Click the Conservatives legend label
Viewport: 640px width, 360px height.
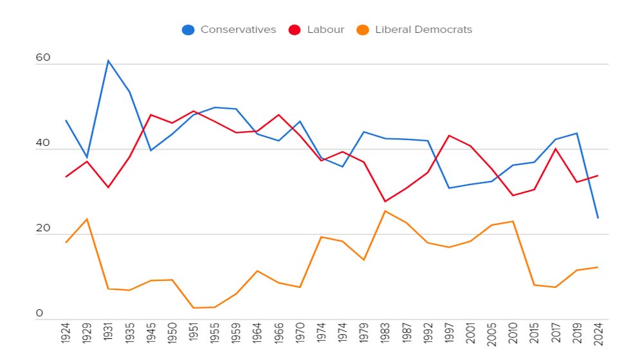[239, 30]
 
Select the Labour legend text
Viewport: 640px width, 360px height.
[325, 30]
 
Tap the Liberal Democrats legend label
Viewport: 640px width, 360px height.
[424, 30]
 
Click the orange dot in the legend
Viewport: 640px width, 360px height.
[362, 30]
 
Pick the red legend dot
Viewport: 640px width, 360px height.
[295, 30]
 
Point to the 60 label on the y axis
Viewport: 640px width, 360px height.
[43, 58]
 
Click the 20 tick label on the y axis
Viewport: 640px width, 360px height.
[43, 228]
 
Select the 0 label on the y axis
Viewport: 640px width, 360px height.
[39, 313]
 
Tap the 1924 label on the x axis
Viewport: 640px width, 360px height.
[66, 333]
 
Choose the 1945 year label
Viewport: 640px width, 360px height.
[151, 333]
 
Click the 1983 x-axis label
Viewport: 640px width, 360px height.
[385, 333]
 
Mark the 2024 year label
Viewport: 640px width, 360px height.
[598, 334]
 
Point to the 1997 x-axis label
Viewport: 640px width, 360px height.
[449, 333]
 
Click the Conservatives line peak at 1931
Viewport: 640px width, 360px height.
[108, 60]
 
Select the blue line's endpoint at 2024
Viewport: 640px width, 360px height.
[598, 218]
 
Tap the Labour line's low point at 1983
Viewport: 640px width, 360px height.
[385, 201]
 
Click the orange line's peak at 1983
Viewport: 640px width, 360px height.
[385, 211]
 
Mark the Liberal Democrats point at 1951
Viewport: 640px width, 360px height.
[194, 308]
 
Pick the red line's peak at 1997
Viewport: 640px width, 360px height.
[449, 136]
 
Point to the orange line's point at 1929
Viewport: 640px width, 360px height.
[87, 219]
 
